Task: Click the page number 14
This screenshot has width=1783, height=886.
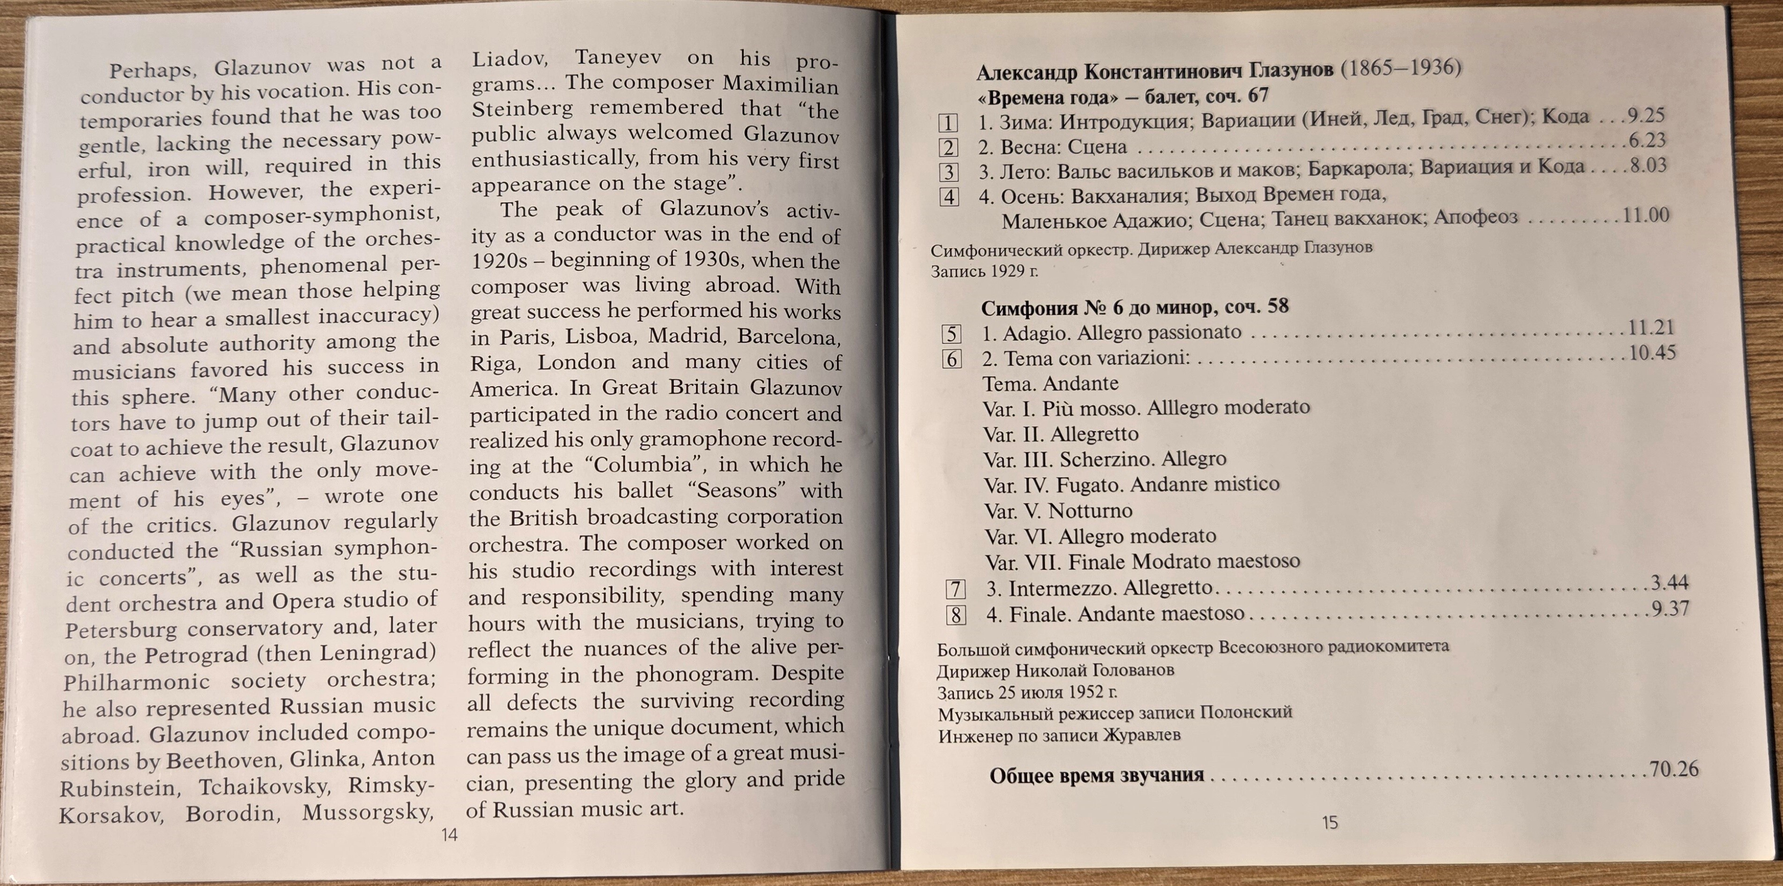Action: [449, 835]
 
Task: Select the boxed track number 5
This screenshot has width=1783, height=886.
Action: [951, 335]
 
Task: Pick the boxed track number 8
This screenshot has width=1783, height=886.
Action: [956, 615]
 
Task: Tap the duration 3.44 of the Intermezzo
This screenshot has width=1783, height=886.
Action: [1670, 583]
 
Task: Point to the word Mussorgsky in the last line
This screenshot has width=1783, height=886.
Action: [367, 812]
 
